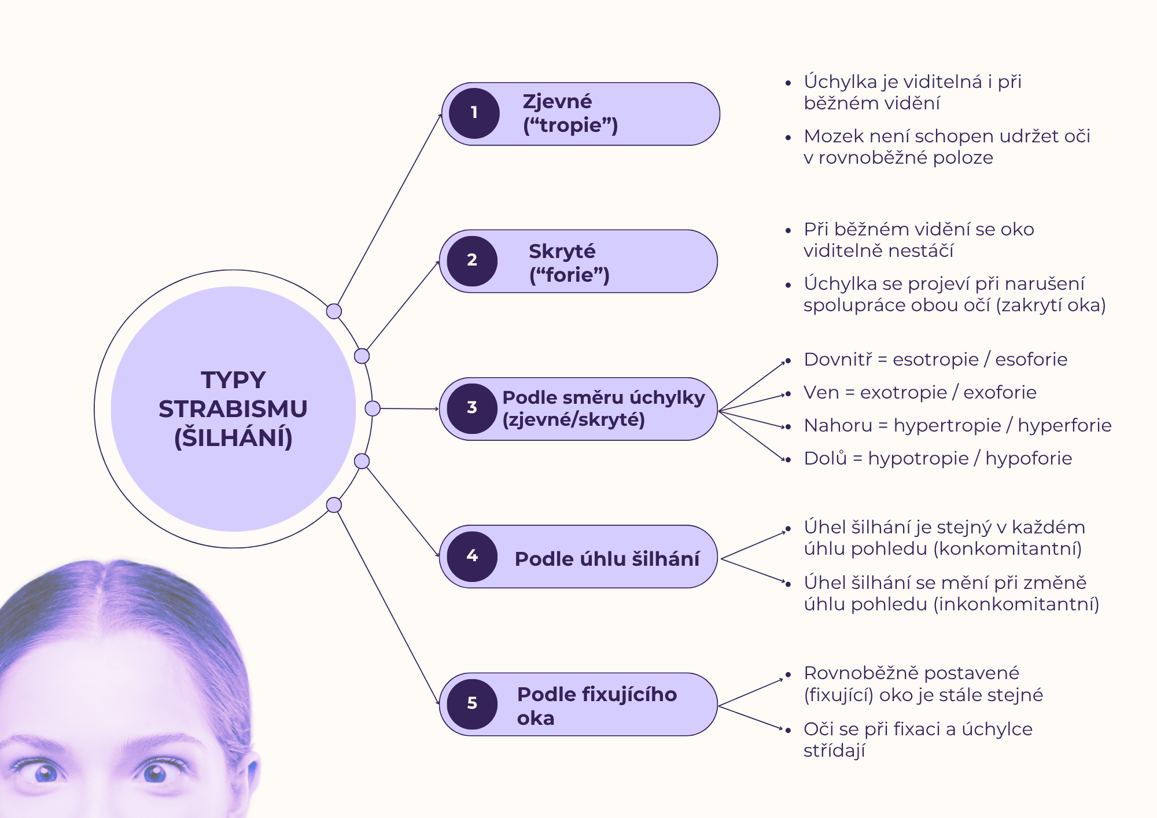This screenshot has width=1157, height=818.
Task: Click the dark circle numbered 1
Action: tap(474, 113)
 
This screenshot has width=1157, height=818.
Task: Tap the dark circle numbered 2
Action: tap(472, 261)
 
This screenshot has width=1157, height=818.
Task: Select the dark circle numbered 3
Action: tap(472, 408)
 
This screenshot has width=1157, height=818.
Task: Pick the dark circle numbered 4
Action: tap(472, 557)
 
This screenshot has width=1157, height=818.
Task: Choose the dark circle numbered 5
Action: tap(472, 704)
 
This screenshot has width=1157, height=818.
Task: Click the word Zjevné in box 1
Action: tap(557, 102)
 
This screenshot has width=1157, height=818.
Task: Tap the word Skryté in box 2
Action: tap(562, 252)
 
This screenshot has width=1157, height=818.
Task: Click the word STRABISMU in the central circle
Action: tap(233, 409)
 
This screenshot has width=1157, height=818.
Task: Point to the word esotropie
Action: tap(935, 359)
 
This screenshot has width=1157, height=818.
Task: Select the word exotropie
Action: tap(903, 392)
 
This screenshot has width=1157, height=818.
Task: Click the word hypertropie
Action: tap(947, 425)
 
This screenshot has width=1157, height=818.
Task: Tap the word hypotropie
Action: tap(918, 458)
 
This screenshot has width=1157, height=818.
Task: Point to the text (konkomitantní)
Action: tap(1008, 548)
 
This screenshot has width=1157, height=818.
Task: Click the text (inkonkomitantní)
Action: tap(1016, 604)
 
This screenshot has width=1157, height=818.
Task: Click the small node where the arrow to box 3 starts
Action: tap(373, 408)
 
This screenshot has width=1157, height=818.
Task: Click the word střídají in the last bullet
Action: tap(834, 751)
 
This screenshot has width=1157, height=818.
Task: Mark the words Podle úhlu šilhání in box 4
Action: tap(607, 559)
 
